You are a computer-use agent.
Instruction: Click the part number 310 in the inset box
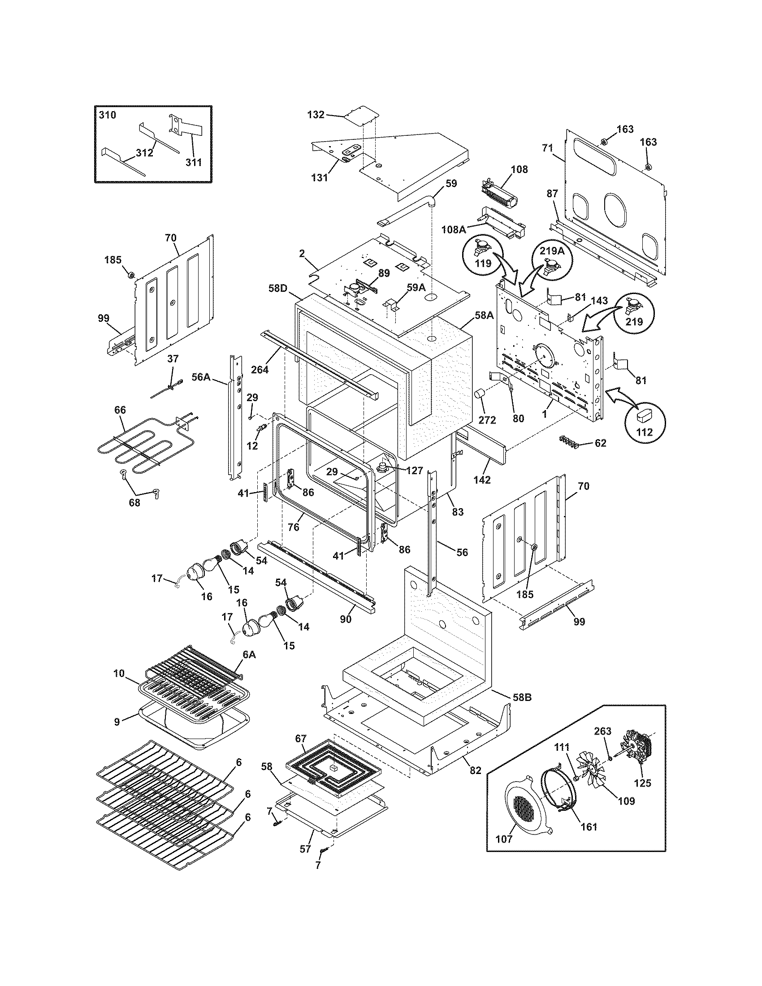click(x=108, y=115)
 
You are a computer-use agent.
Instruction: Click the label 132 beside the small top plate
click(x=316, y=115)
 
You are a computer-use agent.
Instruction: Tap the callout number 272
click(x=487, y=420)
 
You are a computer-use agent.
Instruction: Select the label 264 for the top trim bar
click(x=260, y=369)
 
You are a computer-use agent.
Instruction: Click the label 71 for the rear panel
click(x=548, y=147)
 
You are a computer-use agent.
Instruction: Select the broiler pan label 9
click(x=117, y=722)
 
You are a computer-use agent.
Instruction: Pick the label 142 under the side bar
click(x=482, y=480)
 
